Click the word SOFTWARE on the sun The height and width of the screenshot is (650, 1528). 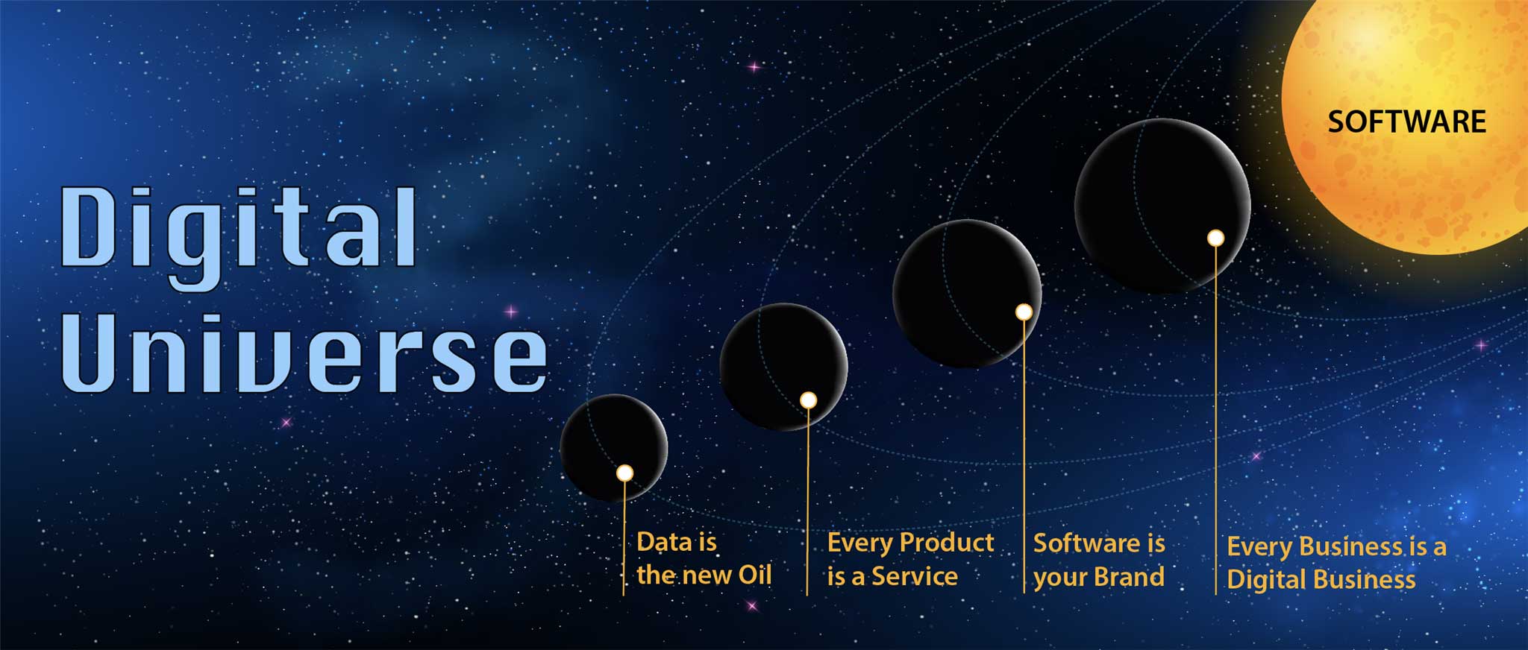click(x=1406, y=122)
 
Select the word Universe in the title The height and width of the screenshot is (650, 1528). click(x=304, y=353)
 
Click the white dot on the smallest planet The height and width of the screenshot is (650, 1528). click(x=624, y=473)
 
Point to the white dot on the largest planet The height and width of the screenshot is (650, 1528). click(x=1215, y=238)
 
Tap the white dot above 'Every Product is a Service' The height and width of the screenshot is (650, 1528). click(x=808, y=400)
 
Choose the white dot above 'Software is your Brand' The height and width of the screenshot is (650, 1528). click(x=1024, y=312)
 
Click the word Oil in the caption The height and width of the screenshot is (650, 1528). click(x=755, y=575)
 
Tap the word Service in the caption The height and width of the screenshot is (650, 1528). click(x=915, y=575)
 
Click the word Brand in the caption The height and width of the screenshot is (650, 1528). click(x=1129, y=576)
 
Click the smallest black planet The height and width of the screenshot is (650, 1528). click(x=614, y=448)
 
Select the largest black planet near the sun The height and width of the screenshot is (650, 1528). click(x=1162, y=206)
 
